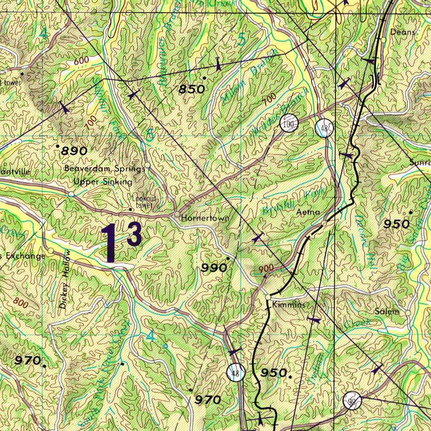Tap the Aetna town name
tap(308, 212)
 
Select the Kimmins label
tap(288, 305)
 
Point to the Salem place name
tap(387, 311)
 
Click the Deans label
tap(403, 32)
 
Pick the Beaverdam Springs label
tap(104, 168)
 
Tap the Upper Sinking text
tap(103, 182)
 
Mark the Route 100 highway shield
tap(289, 123)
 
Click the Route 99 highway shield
tap(352, 401)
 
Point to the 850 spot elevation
tap(192, 89)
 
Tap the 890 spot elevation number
tap(74, 151)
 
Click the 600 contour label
tap(81, 61)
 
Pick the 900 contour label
tap(266, 268)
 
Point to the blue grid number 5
tap(241, 40)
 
